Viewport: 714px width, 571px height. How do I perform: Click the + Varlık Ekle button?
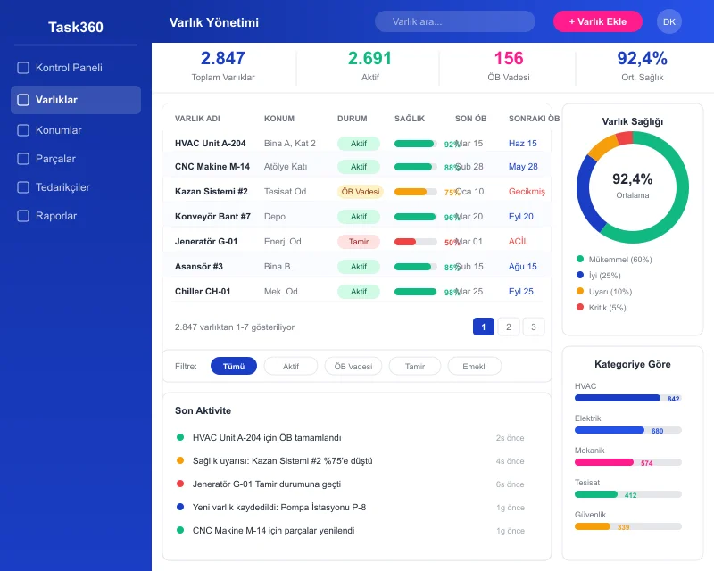click(x=597, y=21)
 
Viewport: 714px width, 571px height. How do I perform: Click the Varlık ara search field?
click(x=454, y=21)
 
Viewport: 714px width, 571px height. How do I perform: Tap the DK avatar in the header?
click(x=668, y=21)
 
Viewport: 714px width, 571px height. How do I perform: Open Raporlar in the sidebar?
click(x=55, y=216)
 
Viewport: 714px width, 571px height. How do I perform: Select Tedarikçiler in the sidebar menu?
click(x=62, y=187)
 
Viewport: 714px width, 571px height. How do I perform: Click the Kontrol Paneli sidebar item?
click(x=68, y=68)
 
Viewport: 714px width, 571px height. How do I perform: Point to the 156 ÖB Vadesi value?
click(x=508, y=59)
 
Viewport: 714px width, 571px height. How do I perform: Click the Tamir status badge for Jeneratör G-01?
click(x=358, y=242)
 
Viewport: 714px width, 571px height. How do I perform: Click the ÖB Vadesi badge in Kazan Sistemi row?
click(x=360, y=192)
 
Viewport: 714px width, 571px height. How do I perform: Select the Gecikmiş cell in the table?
click(x=526, y=192)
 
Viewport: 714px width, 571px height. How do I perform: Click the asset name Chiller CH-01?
click(x=203, y=292)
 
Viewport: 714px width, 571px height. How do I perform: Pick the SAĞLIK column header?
click(x=410, y=119)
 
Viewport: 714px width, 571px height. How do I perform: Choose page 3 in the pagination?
click(x=533, y=327)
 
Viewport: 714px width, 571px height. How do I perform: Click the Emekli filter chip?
click(x=474, y=366)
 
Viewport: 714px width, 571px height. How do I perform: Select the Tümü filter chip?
click(x=233, y=366)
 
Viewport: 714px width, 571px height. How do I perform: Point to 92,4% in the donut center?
click(x=632, y=179)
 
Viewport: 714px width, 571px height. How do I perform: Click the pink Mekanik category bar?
click(x=604, y=462)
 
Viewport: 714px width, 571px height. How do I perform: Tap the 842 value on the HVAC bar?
click(x=673, y=399)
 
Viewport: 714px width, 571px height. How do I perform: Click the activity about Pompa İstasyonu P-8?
click(x=278, y=507)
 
